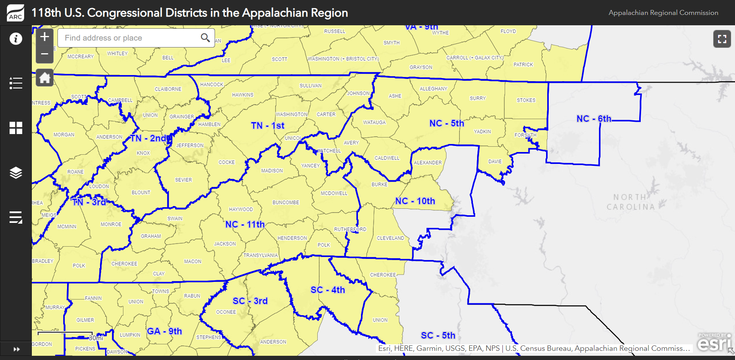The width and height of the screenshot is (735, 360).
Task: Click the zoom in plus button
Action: [44, 37]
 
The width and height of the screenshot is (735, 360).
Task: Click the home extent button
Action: [44, 78]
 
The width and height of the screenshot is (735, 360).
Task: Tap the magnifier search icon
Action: [205, 38]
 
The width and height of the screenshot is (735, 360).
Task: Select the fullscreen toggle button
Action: [722, 39]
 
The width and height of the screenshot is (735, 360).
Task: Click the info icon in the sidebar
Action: [16, 39]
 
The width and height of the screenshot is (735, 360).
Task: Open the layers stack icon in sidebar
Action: [16, 173]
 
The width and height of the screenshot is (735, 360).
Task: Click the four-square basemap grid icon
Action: [16, 128]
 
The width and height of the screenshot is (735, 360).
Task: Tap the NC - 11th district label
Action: [245, 224]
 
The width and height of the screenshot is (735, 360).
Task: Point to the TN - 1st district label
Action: [267, 126]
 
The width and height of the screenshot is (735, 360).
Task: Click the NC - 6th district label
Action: [594, 119]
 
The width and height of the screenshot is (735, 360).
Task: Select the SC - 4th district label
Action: [328, 290]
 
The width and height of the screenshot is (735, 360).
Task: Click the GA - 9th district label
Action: [164, 331]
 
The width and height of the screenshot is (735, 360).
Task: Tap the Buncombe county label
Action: [285, 203]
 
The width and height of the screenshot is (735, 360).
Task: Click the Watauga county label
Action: [374, 123]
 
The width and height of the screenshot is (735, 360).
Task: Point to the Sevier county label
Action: [183, 180]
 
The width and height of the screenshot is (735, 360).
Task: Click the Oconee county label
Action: [226, 312]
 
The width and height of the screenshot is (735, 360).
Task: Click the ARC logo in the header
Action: [15, 13]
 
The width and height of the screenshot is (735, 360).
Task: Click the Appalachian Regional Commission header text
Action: [663, 13]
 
